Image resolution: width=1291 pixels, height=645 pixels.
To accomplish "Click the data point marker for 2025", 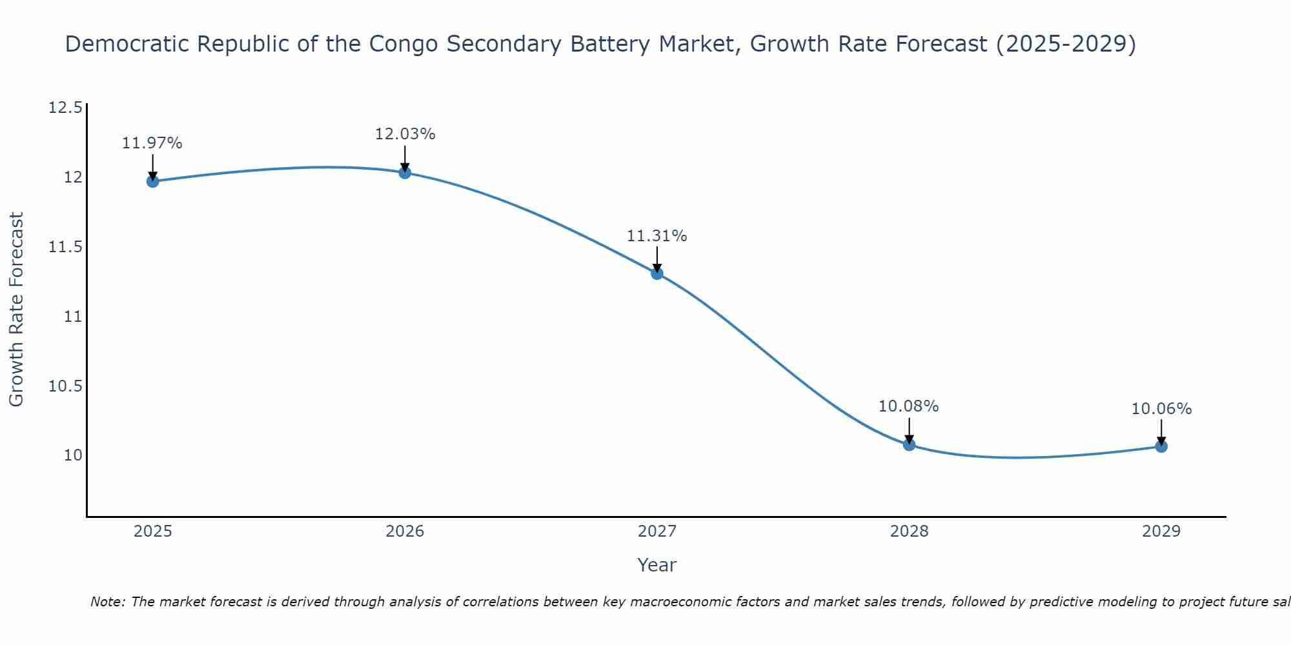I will click(153, 181).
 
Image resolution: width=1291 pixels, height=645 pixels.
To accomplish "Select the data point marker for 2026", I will click(405, 172).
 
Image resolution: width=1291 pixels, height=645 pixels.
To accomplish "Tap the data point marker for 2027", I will click(657, 273).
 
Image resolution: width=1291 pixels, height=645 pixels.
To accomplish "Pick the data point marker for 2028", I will click(909, 444).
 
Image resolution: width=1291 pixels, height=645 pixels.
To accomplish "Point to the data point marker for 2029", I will click(1161, 446).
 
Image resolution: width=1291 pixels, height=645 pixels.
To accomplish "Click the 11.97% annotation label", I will click(152, 143).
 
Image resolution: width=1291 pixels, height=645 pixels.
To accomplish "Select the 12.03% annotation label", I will click(405, 134).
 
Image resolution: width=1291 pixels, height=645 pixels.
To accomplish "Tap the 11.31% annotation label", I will click(657, 236).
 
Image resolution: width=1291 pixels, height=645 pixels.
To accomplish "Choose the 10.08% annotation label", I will click(909, 406).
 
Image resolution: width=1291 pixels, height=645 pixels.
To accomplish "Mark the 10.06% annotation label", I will click(1161, 409).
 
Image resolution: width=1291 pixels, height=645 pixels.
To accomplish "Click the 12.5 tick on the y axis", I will click(65, 107).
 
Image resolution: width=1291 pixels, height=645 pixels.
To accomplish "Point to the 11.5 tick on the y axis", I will click(65, 247).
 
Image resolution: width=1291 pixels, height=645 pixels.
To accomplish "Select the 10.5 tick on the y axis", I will click(65, 386).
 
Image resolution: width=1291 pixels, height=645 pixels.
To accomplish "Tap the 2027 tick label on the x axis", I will click(657, 531).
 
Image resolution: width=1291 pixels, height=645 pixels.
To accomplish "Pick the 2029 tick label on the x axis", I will click(1161, 531).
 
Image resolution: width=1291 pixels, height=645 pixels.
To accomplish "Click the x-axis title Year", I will click(657, 565).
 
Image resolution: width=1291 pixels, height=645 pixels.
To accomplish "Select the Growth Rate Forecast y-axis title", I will click(17, 309).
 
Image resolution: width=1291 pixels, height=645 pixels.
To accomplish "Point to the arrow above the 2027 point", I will click(657, 259).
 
